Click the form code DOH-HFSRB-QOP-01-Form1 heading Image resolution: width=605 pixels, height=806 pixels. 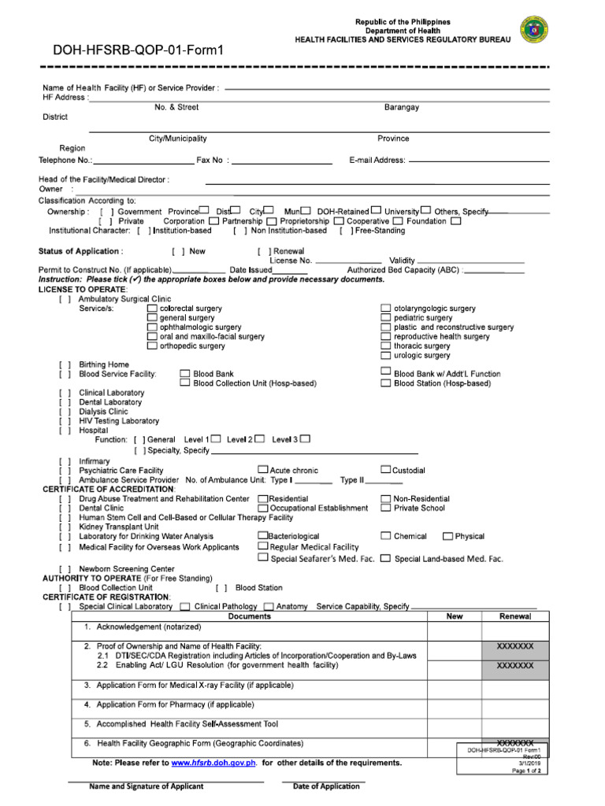click(139, 51)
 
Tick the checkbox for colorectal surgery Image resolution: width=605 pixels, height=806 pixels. click(152, 309)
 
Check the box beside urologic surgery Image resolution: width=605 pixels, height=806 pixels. click(386, 355)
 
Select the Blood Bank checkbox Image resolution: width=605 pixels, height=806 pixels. click(185, 374)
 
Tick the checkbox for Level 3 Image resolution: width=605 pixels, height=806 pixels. click(305, 438)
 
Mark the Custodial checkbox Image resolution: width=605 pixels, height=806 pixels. click(386, 470)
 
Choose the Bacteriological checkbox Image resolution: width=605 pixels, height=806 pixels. click(262, 536)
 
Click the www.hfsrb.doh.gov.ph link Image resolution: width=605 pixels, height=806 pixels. click(213, 763)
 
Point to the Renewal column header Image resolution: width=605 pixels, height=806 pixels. click(515, 616)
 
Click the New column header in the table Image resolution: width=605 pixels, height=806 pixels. click(455, 616)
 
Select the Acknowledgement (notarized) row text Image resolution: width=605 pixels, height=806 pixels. click(149, 627)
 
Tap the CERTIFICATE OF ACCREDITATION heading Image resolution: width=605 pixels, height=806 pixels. click(109, 490)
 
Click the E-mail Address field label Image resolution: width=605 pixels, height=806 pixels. click(377, 160)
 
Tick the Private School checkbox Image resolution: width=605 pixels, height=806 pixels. click(386, 508)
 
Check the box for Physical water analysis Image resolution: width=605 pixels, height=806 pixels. click(447, 537)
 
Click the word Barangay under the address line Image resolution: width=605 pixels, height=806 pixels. click(402, 107)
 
